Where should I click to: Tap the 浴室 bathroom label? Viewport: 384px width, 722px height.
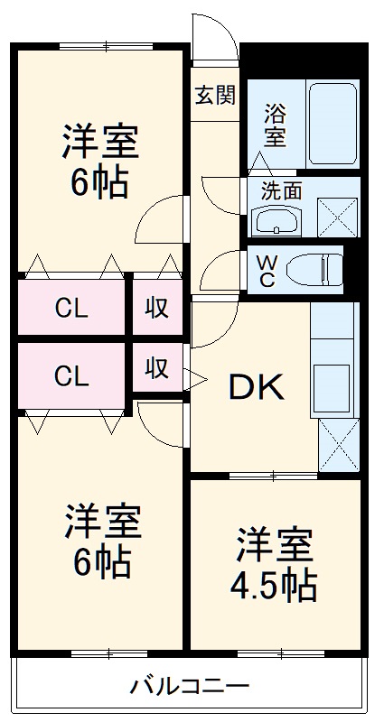(x=275, y=125)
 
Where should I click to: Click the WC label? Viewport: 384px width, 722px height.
(x=267, y=269)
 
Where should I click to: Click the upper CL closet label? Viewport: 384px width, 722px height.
(x=70, y=308)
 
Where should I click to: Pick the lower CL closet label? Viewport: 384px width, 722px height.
(x=70, y=373)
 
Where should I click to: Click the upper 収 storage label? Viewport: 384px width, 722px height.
(x=158, y=307)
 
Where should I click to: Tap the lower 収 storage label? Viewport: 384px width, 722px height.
(x=158, y=368)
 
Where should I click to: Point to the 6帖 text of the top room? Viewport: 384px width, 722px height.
(x=99, y=183)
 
